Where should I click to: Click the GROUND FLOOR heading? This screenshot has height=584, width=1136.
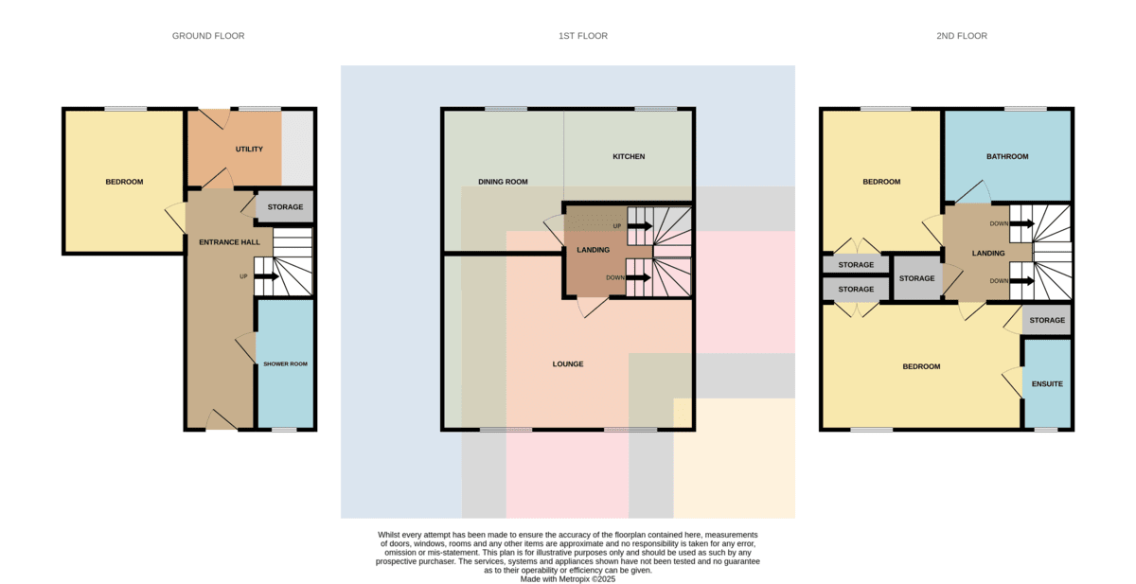pos(208,36)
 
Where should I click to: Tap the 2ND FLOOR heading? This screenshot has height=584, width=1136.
pos(962,36)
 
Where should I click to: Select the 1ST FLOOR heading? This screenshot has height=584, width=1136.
pos(583,36)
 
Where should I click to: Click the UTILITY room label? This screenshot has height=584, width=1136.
pos(249,149)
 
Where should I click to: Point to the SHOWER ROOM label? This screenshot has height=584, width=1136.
pos(285,364)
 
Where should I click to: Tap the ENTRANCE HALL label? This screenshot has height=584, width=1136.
pos(229,242)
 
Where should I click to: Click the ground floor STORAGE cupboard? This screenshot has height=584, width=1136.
pos(285,207)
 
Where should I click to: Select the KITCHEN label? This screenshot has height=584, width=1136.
pos(629,156)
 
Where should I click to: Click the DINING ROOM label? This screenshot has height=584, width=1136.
pos(503,182)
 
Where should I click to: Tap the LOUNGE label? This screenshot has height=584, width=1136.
pos(567,364)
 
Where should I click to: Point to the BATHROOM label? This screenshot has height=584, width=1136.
pos(1007,156)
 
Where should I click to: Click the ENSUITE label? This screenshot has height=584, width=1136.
pos(1047,383)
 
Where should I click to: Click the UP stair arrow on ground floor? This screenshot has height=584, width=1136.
pos(266,276)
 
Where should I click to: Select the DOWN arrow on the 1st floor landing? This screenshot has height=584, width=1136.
pos(638,278)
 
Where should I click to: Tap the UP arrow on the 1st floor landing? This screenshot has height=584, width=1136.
pos(640,226)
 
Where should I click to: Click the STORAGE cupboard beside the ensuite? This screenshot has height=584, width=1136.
pos(1047,320)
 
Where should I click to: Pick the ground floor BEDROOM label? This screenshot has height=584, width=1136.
pos(124,182)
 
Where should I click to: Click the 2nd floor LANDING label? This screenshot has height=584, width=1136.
pos(988,253)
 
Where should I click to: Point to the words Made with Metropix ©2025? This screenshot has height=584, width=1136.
pos(567,579)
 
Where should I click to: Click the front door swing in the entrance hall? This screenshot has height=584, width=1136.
pos(222,419)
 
